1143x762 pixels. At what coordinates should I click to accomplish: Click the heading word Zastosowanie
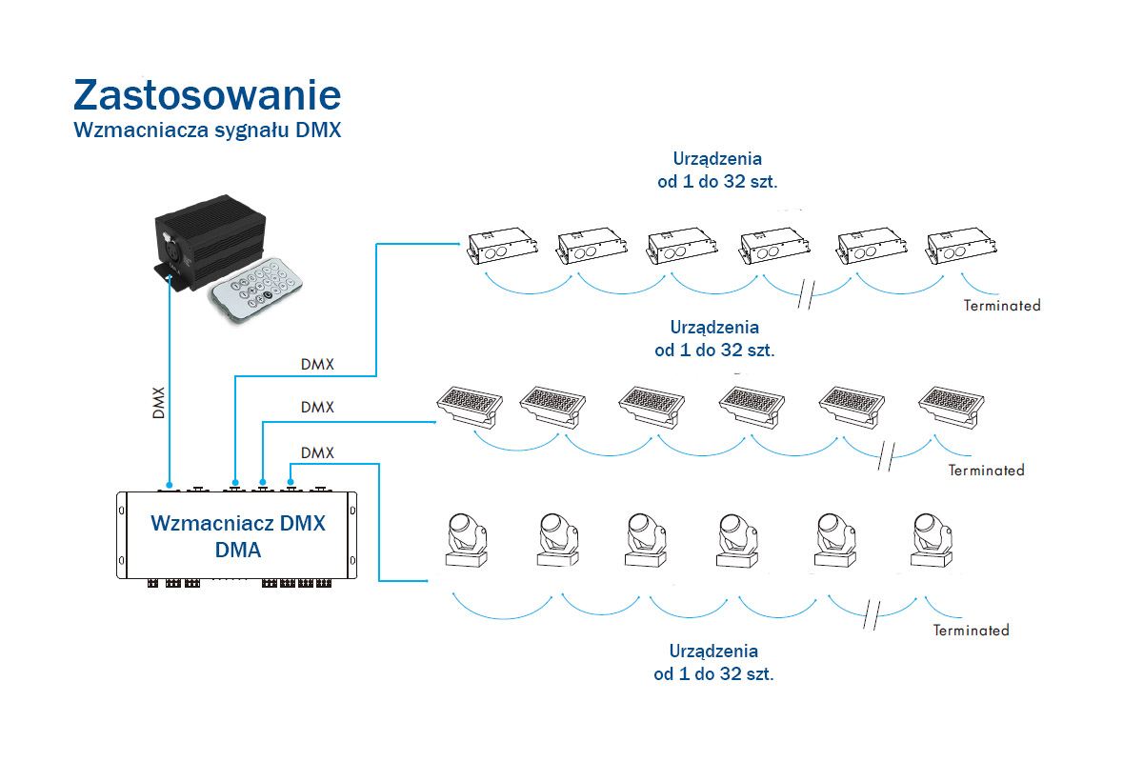tap(207, 96)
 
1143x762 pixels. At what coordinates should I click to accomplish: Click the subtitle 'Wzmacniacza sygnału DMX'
tap(207, 130)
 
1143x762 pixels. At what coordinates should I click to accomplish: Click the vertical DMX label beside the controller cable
tap(159, 404)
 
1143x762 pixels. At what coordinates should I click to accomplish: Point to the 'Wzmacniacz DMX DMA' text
tap(237, 535)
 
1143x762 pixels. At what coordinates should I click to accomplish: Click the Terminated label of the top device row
tap(1002, 306)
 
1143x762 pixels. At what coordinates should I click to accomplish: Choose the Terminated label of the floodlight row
tap(986, 470)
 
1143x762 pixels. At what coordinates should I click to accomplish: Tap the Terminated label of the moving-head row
tap(971, 630)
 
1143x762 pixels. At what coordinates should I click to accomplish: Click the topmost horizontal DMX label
tap(317, 364)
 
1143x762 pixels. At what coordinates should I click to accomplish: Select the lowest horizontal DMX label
tap(317, 452)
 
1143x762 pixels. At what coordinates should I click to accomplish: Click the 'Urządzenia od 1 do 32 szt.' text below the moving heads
tap(713, 662)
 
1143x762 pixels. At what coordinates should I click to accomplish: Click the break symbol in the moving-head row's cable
tap(871, 615)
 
